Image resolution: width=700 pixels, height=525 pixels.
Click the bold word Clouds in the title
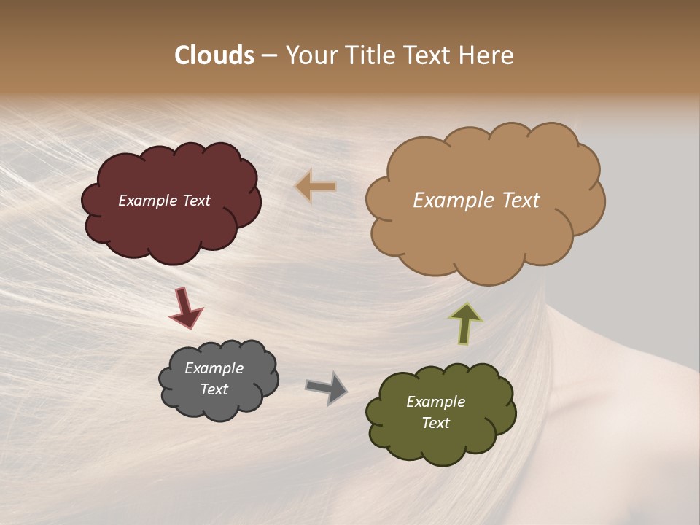[214, 55]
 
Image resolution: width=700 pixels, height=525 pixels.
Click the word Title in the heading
[367, 55]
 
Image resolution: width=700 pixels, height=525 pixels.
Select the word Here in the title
[487, 55]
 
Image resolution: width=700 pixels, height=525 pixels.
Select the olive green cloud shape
[441, 445]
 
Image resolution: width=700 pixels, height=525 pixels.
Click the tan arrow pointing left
[316, 187]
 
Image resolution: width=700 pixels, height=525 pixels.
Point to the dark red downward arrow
[185, 308]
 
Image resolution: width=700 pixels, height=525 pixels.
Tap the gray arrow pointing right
[326, 387]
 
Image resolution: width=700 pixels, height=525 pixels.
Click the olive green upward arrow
[465, 323]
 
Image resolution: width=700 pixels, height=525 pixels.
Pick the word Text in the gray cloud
[214, 389]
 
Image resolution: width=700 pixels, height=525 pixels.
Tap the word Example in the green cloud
[435, 402]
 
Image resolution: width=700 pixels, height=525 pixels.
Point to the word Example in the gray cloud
[214, 368]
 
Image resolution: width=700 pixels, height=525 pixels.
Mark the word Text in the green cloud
[435, 423]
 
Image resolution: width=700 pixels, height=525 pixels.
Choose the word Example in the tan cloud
[447, 201]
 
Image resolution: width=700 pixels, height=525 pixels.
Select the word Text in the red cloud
[195, 201]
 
